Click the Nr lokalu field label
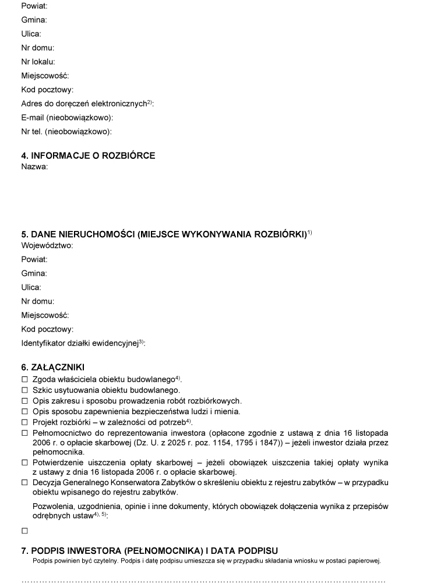38,61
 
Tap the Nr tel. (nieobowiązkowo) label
66,131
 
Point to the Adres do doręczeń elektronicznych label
87,104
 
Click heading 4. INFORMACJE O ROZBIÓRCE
88,156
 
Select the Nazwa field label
34,166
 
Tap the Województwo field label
47,245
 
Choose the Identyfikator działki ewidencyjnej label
83,343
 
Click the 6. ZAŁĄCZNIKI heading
52,367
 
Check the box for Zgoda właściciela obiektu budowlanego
24,379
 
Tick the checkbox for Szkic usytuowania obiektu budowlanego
24,390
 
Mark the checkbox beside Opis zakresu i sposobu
24,401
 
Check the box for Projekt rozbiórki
24,422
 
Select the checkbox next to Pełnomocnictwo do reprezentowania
24,433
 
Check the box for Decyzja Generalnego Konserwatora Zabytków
24,483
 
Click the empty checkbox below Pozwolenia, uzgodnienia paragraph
24,531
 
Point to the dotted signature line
203,581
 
